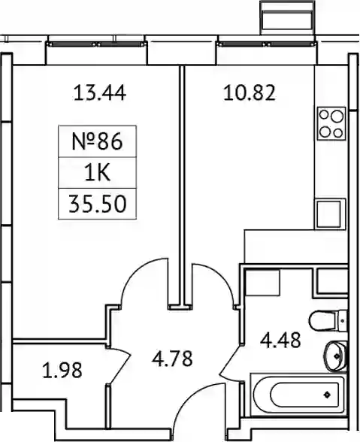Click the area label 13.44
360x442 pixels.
pos(99,93)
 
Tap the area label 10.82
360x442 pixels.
pos(249,93)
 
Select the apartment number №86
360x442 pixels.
pos(97,141)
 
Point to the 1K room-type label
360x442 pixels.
pos(97,173)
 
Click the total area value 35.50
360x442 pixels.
pos(97,204)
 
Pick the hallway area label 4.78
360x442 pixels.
pos(172,359)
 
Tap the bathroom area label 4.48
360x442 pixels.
pos(280,341)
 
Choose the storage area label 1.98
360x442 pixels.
pos(62,370)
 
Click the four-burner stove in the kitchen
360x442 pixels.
pos(331,123)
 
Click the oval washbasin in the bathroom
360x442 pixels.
pos(335,356)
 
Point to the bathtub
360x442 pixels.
pos(298,395)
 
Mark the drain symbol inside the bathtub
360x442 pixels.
pos(327,395)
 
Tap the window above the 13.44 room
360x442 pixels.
pos(96,44)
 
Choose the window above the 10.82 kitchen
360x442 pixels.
pos(266,44)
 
